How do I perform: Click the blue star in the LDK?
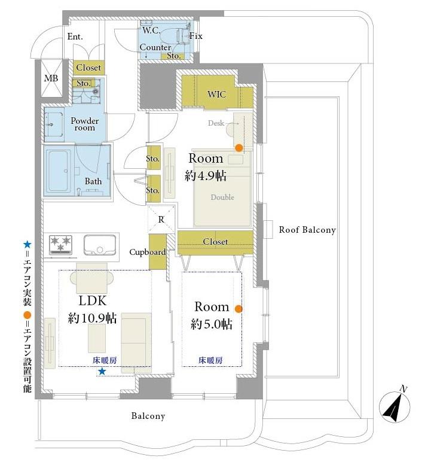point(102,372)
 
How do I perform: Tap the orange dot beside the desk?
point(239,148)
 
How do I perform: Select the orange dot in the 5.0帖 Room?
point(239,309)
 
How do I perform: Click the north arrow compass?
point(395,406)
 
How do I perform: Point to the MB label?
point(51,78)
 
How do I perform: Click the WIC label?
point(216,95)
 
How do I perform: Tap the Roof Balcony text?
point(307,230)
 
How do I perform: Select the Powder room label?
point(85,124)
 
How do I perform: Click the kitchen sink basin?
point(100,245)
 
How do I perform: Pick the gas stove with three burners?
point(61,245)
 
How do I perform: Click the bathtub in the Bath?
point(59,171)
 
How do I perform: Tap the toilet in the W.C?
point(172,37)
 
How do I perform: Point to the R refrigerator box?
point(161,219)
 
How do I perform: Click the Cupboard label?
point(148,252)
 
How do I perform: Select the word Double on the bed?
point(222,197)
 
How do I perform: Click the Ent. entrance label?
point(75,37)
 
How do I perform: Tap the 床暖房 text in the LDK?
point(105,360)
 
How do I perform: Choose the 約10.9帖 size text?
point(92,318)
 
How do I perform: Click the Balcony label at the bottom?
point(148,416)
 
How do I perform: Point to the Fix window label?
point(196,36)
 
